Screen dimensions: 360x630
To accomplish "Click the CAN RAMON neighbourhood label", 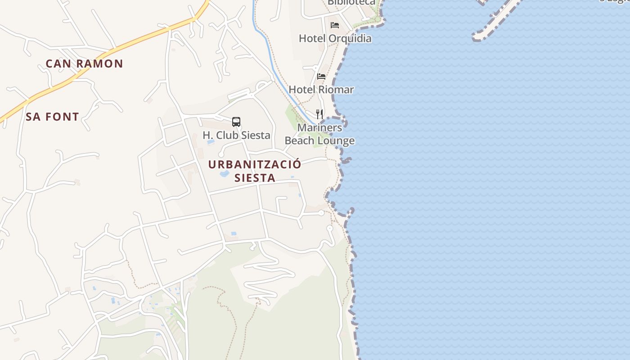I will (x=84, y=63).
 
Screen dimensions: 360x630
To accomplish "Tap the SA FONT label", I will (x=52, y=117).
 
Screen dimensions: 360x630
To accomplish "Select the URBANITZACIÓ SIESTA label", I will (x=255, y=171).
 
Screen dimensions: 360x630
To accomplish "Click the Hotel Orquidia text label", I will (x=335, y=38).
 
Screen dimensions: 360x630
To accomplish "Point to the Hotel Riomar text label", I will (x=321, y=90).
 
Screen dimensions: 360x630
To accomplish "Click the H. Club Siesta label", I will (x=236, y=135).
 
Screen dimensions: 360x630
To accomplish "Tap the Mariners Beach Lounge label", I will (x=319, y=134).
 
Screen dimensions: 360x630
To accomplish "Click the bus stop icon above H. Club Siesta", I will (x=236, y=121).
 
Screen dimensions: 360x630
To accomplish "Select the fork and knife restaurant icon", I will (x=319, y=114).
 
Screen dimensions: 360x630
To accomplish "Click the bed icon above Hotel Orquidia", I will (x=335, y=25).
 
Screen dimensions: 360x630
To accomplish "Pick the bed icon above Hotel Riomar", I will (x=321, y=76).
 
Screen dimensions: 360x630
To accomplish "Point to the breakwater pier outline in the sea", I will (x=495, y=20).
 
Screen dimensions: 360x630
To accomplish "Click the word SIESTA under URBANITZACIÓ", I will (x=255, y=178).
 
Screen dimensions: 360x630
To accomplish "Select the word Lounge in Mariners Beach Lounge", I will (x=337, y=141).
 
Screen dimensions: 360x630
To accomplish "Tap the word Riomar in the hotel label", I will (x=336, y=90).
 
